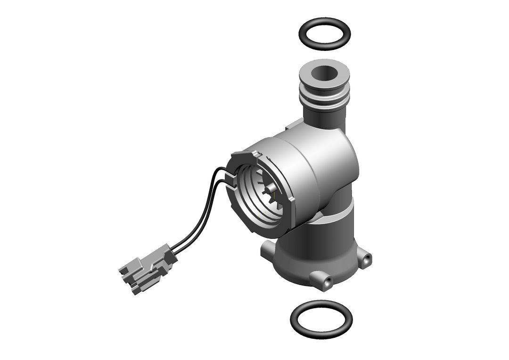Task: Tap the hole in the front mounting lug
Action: coord(327,281)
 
